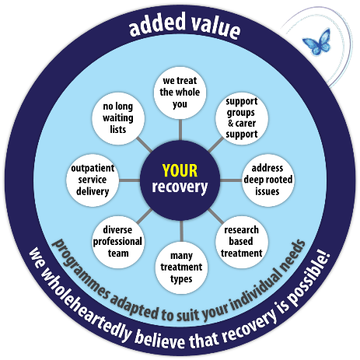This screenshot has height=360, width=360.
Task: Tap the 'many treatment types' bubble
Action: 180,265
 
